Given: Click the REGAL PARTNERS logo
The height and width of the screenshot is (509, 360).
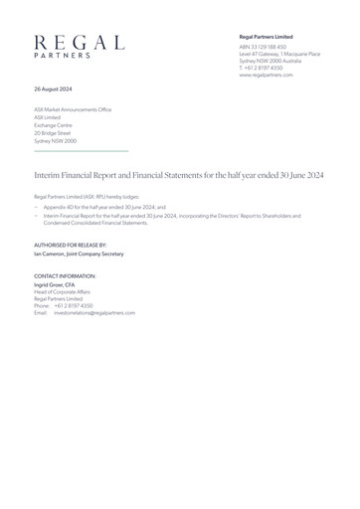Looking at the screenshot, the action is click(79, 46).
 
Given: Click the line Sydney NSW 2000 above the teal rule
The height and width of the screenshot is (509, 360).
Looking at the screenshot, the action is click(56, 141).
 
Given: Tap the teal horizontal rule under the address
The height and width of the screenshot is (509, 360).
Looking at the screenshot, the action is click(82, 150).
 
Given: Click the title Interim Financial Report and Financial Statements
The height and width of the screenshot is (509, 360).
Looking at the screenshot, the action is click(179, 173).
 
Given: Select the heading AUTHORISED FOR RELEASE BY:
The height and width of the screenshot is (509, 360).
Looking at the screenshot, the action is click(71, 245).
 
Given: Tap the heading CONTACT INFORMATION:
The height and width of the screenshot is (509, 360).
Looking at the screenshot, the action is click(66, 275).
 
